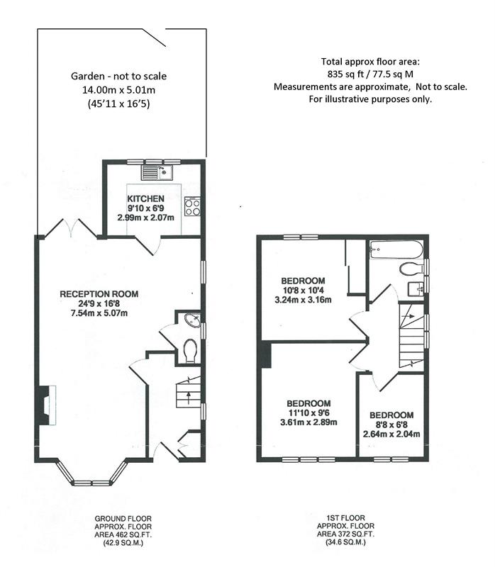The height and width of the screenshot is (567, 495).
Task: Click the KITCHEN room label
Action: pos(145,198)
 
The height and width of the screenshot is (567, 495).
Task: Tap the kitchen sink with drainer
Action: pos(157,172)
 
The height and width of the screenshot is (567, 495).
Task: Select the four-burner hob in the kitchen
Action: pos(192,206)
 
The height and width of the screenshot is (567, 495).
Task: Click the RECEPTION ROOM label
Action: pos(99,294)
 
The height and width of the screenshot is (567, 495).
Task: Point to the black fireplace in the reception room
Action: pos(44,405)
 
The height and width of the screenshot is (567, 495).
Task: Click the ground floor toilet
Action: pos(190,350)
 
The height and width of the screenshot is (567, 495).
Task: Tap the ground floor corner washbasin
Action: pos(192,320)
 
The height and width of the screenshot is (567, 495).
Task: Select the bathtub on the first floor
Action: pos(396,249)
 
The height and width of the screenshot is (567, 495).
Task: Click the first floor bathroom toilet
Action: pos(411,269)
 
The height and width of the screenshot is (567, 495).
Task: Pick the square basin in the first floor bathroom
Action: pos(416,289)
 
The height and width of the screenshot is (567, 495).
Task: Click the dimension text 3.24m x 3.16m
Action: pos(303,300)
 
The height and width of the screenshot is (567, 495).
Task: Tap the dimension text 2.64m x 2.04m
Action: pos(391,434)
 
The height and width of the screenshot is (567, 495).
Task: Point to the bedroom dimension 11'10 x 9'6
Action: pos(308,413)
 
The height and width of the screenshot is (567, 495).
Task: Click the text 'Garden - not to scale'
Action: pos(118,77)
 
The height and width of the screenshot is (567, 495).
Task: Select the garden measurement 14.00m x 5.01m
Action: pos(118,90)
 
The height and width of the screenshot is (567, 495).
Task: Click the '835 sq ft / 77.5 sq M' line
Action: pos(370,74)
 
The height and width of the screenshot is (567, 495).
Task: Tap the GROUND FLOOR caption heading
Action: pos(123,519)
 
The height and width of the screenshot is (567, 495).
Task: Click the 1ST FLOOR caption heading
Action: pos(345,518)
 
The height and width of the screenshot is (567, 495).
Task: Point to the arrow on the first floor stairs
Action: pos(411,316)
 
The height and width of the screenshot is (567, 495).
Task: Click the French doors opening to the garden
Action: pos(72,228)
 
